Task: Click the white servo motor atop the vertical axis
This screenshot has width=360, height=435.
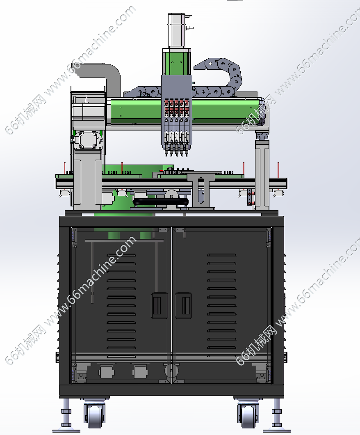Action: (x=177, y=30)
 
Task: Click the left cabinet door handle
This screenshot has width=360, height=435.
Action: (x=159, y=305)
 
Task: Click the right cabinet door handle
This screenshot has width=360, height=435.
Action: (x=183, y=305)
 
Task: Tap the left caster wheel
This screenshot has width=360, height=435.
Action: (x=94, y=416)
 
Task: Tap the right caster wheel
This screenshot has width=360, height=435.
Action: (x=248, y=416)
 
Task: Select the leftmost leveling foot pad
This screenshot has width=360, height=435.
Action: (x=66, y=430)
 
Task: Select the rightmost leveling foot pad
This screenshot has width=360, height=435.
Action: (x=277, y=430)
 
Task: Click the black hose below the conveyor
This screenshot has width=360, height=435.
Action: (x=161, y=202)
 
